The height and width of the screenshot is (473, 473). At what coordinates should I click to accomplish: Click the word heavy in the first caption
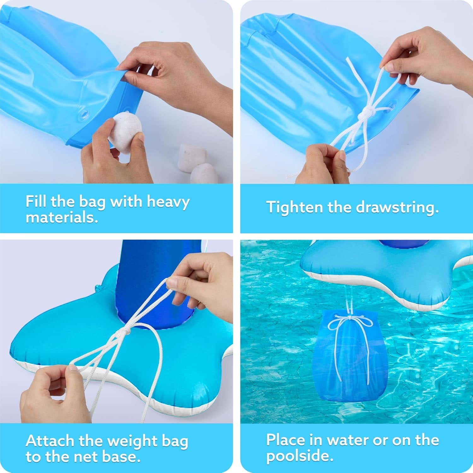[x=168, y=202]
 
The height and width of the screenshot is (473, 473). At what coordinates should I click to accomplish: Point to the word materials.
[x=62, y=218]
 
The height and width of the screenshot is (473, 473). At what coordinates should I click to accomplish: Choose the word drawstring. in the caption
[x=397, y=207]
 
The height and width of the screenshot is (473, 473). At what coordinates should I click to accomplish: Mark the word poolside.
[x=300, y=456]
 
